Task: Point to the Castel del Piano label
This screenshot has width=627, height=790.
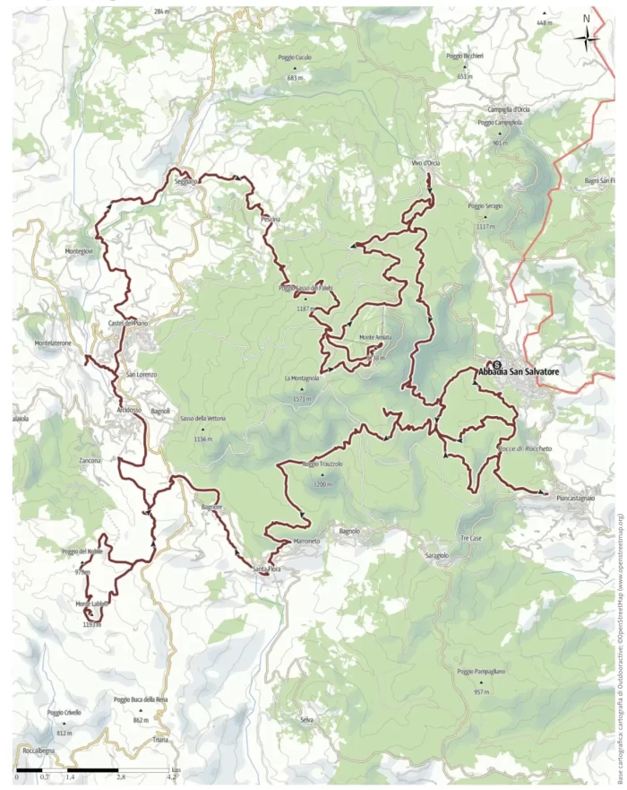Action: (127, 323)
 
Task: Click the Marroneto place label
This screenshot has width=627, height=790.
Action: (306, 542)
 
